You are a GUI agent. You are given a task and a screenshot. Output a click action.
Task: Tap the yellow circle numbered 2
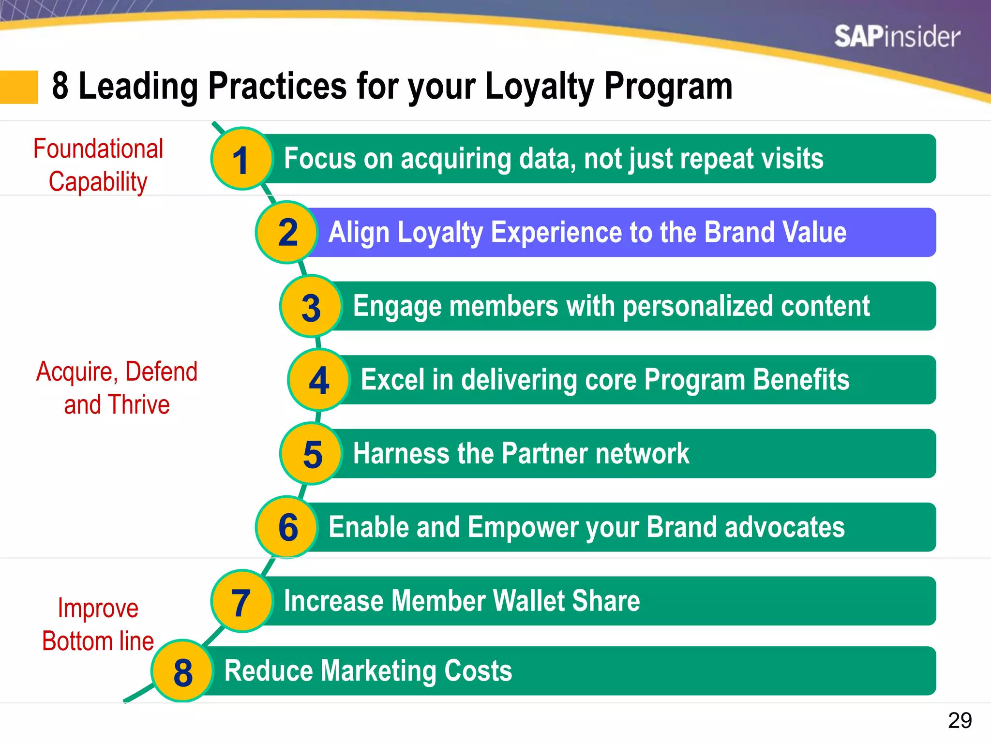(286, 233)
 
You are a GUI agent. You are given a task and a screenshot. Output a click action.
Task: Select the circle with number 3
(311, 307)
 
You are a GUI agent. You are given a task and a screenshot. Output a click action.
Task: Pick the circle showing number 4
(318, 380)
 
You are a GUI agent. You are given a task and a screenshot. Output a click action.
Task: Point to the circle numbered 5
(311, 454)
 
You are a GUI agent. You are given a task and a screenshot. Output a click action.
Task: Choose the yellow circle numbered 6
(286, 527)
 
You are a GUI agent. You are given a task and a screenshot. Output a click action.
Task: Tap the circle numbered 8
(182, 671)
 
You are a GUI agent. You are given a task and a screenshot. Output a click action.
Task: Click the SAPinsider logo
(897, 37)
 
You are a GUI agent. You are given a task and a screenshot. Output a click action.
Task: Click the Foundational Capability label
(98, 165)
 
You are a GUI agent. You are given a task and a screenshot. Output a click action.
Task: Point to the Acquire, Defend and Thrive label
(117, 387)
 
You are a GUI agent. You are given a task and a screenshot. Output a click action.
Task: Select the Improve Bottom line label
(98, 624)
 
